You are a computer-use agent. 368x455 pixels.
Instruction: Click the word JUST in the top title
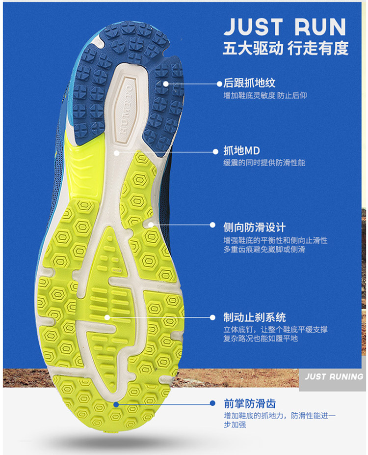(253, 27)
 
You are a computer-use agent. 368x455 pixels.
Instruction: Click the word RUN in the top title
(321, 27)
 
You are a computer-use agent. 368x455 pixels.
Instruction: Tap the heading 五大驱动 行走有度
(285, 48)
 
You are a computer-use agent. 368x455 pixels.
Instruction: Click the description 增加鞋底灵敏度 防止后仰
(265, 96)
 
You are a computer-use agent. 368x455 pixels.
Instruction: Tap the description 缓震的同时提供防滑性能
(264, 163)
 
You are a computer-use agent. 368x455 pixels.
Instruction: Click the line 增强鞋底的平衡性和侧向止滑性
(275, 240)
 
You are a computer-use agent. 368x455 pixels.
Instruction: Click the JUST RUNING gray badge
(334, 377)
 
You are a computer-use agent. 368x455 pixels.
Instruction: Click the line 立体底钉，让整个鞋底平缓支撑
(275, 329)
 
